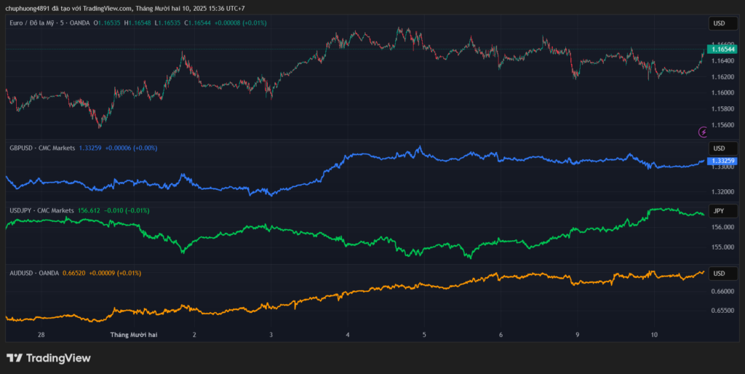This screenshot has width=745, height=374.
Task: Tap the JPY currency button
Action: point(718,211)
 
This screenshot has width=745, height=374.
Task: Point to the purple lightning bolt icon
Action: point(703,132)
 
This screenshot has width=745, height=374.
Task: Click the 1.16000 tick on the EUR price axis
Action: point(724,92)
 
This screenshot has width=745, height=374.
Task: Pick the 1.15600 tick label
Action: point(724,124)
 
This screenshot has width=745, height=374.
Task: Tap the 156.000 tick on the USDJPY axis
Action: point(722,227)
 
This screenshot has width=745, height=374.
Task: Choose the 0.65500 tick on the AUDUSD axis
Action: point(722,310)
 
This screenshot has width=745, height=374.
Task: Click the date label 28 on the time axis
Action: point(41,335)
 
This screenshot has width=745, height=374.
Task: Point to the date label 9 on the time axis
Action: point(577,335)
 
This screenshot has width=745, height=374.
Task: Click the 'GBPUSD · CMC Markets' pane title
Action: point(42,148)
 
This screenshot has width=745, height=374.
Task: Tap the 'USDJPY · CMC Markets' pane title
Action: point(41,210)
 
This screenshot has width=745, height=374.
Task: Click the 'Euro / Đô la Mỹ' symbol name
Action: point(33,23)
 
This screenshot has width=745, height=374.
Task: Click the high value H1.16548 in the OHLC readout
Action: point(138,23)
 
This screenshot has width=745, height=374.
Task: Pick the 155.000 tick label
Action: point(722,247)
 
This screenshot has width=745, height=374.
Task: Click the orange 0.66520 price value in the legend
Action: point(74,273)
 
